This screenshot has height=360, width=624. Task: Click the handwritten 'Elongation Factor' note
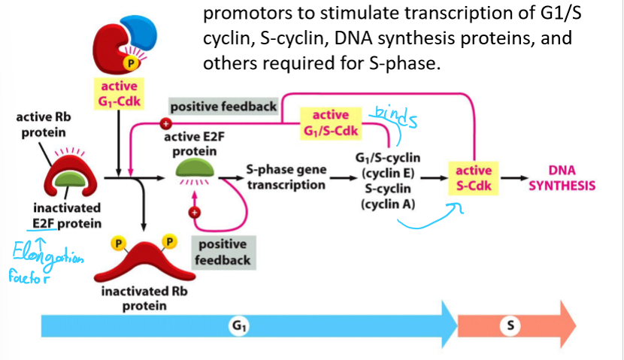47,260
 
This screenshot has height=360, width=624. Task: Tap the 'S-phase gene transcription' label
286,177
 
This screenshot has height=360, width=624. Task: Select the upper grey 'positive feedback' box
223,107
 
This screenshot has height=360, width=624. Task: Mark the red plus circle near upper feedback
167,124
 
